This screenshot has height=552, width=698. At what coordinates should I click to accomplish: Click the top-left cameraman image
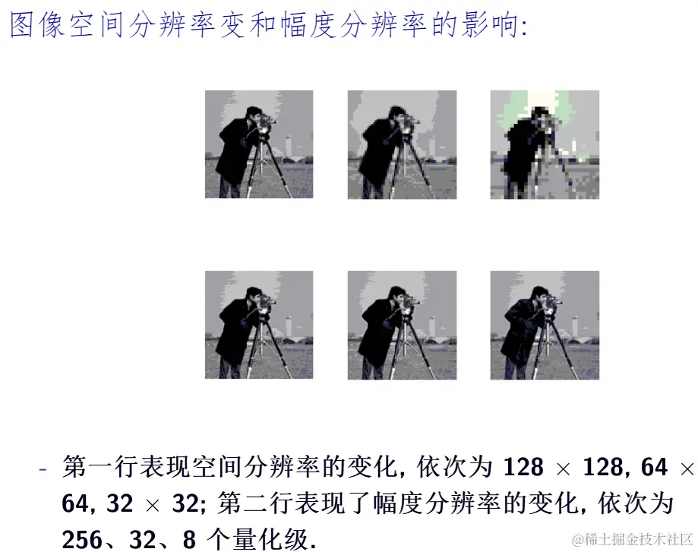[259, 144]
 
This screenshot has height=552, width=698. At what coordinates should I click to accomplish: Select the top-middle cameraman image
[402, 145]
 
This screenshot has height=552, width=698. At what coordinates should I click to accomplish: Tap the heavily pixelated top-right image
[545, 145]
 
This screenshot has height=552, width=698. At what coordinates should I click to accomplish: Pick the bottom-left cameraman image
[259, 325]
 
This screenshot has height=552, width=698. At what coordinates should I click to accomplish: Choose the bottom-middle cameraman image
[402, 325]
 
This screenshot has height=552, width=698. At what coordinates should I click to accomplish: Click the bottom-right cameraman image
[545, 325]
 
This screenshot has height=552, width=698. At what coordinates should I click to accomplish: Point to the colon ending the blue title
[524, 27]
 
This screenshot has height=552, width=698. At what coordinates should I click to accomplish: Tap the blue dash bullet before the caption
[43, 468]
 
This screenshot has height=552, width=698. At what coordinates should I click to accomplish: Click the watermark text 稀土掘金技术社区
[638, 539]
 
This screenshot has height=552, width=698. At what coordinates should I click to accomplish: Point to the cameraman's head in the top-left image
[253, 114]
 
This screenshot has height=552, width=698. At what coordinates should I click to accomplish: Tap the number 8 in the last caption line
[189, 540]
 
